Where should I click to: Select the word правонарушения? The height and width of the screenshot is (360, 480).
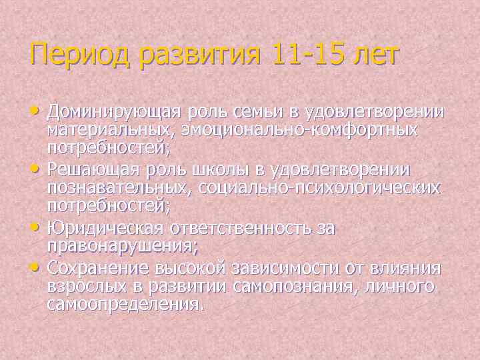122,246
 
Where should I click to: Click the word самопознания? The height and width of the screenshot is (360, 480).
301,287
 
